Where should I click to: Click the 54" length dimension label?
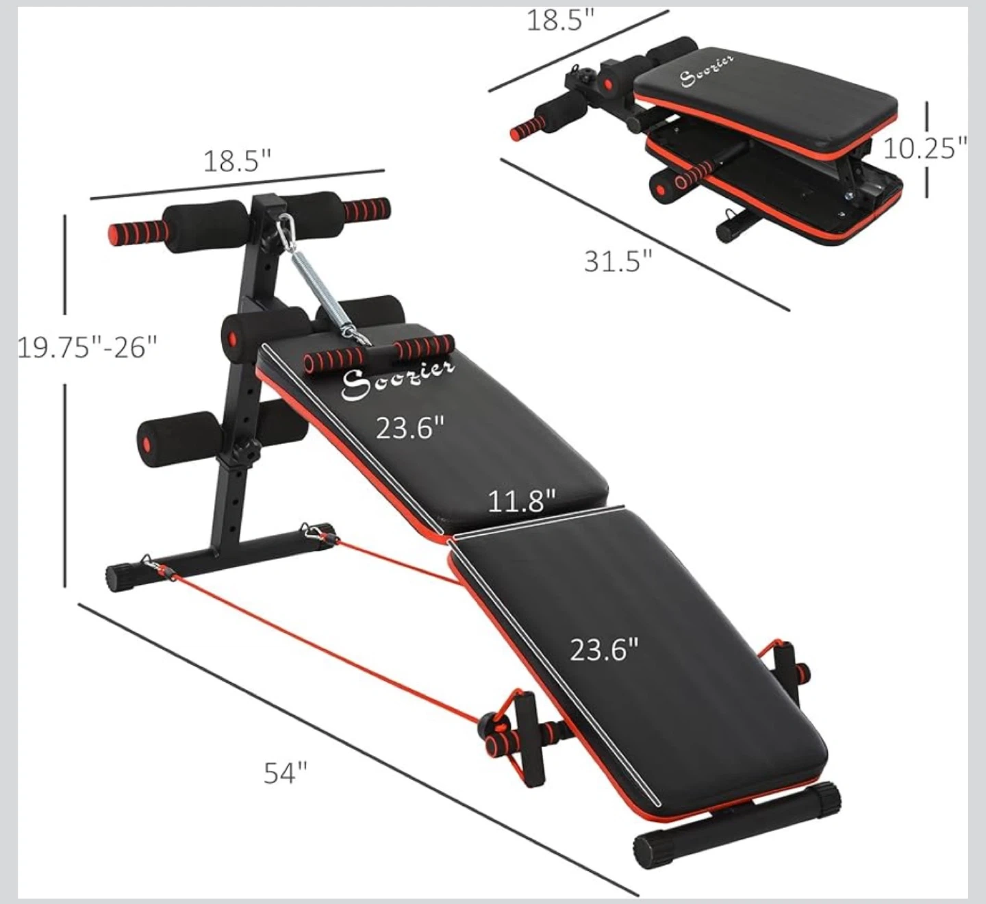(x=286, y=773)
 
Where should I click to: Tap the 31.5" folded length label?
(x=618, y=261)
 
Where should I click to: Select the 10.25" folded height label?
(x=924, y=148)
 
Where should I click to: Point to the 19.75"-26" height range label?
(x=87, y=347)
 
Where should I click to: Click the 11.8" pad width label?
(x=521, y=501)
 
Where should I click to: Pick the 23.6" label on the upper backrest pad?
(x=409, y=429)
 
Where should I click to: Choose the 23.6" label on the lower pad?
(x=604, y=649)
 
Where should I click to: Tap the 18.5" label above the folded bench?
(x=559, y=21)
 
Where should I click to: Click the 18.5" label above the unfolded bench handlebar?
(x=237, y=162)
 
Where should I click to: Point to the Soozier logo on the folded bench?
(x=707, y=70)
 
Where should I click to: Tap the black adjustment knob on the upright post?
(x=245, y=453)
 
